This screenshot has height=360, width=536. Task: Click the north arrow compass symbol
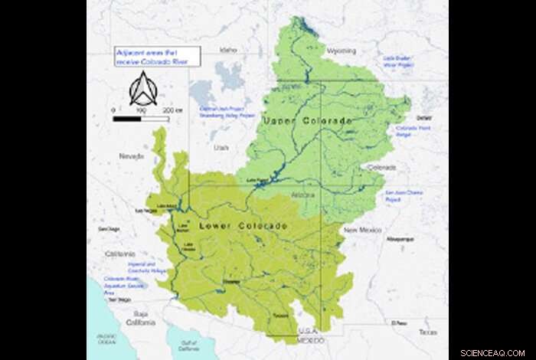[x=142, y=90]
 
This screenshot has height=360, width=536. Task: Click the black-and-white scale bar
[x=140, y=119]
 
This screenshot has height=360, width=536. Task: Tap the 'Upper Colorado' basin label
[x=307, y=121]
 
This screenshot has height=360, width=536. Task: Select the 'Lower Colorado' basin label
[x=243, y=226]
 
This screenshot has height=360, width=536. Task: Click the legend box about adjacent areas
[x=156, y=56]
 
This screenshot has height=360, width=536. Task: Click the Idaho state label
[x=229, y=50]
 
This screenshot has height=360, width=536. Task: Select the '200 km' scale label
[x=176, y=111]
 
